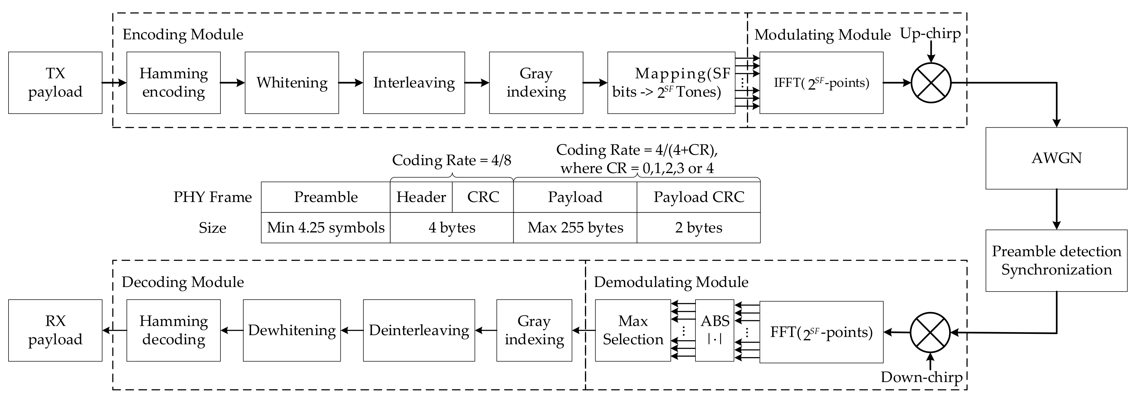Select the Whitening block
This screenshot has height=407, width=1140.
pos(292,83)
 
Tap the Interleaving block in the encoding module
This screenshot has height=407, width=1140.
pos(414,83)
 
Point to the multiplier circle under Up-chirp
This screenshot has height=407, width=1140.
pos(931,83)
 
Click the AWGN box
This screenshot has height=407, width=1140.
pos(1056,158)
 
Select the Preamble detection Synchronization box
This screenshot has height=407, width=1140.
pos(1056,260)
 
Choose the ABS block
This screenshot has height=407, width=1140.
pos(714,331)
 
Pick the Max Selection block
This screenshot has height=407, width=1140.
pos(632,331)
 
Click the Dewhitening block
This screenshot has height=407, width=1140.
pos(292,331)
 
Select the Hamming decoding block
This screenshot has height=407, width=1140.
pos(174,331)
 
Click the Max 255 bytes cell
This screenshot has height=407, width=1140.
pos(575,228)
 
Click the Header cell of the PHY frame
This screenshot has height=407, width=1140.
pos(421,197)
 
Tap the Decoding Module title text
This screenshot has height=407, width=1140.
pos(183,282)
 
